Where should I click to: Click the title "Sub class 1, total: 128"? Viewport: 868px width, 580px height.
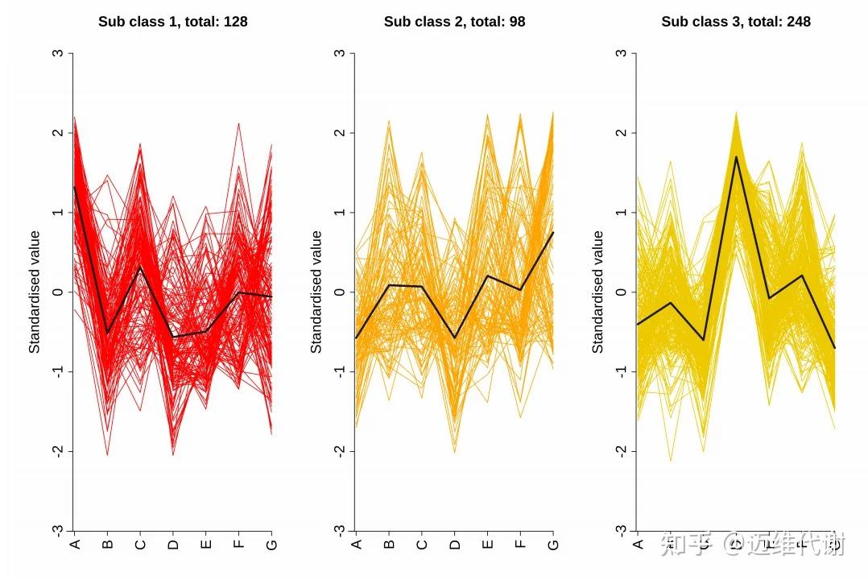click(x=173, y=22)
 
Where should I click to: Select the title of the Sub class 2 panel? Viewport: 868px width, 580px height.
click(x=454, y=22)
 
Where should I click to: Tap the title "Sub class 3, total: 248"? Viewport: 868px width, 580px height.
click(x=736, y=22)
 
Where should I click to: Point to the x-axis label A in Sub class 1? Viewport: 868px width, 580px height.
click(x=75, y=545)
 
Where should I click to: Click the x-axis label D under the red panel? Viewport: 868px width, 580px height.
click(x=173, y=545)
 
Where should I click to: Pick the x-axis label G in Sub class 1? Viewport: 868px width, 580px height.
click(x=271, y=545)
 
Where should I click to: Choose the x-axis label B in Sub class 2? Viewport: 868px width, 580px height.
click(x=389, y=545)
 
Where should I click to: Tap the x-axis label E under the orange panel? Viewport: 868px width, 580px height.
click(x=487, y=545)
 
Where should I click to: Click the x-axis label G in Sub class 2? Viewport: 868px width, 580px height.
click(x=553, y=545)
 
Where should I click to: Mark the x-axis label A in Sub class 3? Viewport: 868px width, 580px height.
click(x=638, y=545)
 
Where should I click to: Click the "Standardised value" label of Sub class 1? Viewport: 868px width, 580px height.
click(x=35, y=292)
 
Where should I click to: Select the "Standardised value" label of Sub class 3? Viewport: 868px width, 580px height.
click(x=597, y=292)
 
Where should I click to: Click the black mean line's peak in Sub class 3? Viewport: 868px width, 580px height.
click(x=736, y=156)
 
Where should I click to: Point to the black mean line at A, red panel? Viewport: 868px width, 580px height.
click(x=75, y=187)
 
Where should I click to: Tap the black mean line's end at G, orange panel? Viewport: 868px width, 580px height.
click(x=553, y=232)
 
